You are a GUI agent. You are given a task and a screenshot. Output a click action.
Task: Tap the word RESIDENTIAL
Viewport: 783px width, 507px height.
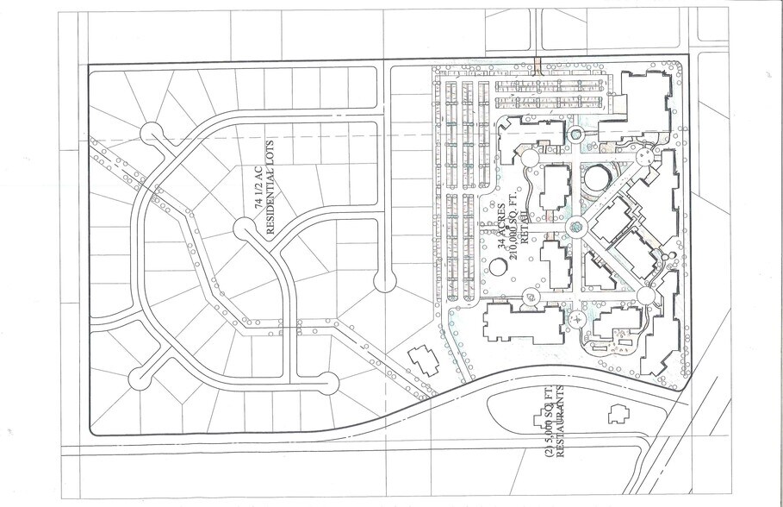coord(271,203)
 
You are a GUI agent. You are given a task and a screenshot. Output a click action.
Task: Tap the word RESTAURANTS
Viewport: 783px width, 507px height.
coord(560,422)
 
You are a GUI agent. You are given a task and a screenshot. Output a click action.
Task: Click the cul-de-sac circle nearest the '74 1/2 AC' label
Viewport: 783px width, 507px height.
coord(245,229)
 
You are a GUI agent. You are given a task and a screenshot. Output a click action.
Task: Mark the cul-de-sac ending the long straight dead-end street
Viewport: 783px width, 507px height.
coord(385,281)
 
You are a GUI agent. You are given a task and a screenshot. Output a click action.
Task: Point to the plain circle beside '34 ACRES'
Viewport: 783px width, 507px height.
coord(499,266)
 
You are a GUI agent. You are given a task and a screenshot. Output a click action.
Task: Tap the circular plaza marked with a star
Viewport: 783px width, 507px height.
coord(578,318)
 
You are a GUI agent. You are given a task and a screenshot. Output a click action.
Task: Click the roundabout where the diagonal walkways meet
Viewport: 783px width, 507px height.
coord(575,227)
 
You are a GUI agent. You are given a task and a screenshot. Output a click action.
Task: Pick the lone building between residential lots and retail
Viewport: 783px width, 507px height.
coord(424,360)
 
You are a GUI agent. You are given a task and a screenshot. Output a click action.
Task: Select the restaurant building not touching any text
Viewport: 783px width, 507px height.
coord(618,414)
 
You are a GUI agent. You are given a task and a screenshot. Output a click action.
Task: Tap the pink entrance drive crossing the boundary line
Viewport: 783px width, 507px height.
coord(538,66)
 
